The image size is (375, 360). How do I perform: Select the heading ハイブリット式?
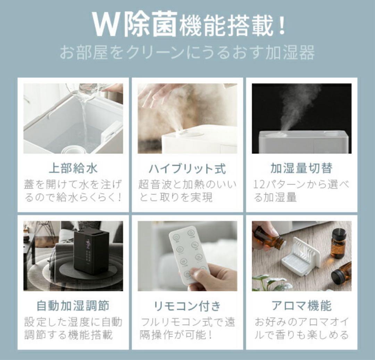click(x=187, y=169)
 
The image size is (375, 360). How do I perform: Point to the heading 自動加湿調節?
click(x=73, y=306)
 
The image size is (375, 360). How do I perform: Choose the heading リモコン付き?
click(x=187, y=306)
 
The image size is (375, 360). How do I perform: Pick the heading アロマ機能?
click(x=301, y=306)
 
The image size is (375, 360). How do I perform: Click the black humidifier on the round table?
click(x=91, y=250)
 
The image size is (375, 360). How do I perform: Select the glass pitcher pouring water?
click(x=87, y=91)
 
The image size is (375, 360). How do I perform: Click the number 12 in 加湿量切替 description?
click(x=259, y=185)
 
